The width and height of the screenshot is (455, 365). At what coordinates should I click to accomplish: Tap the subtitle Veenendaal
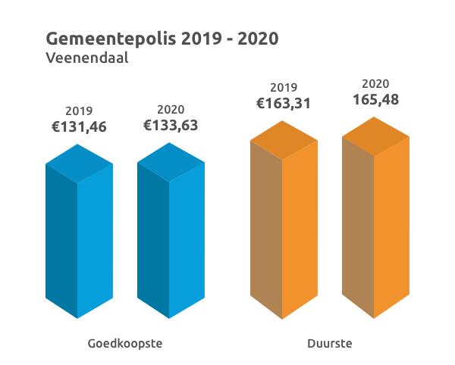pos(86,58)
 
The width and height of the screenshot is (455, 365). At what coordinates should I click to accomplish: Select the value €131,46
pos(79,126)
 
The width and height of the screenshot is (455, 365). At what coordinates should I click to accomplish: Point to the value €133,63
pos(171,125)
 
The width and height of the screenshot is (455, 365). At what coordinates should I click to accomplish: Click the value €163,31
pos(284,103)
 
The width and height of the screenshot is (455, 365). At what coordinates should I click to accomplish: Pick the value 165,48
pos(375,99)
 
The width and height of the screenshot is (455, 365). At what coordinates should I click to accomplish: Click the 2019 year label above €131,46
pos(79,111)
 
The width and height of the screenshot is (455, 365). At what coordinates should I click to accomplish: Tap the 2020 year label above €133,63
pos(171,109)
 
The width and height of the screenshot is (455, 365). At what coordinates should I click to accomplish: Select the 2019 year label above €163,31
pos(284,87)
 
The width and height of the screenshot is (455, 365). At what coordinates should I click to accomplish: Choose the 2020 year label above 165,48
pos(375,83)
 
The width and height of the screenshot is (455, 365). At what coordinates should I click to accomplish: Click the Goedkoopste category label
pos(125,344)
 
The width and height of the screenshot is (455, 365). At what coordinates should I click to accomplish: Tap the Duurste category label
pos(330,344)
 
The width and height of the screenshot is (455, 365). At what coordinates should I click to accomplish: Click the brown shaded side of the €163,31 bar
pos(265,227)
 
